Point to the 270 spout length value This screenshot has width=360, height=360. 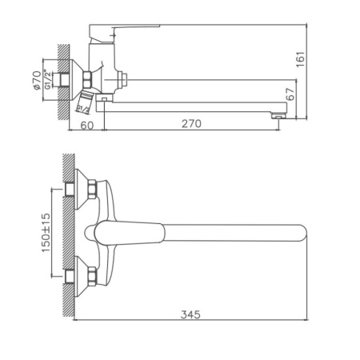(x=190, y=124)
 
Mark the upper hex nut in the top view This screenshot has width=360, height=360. (x=90, y=190)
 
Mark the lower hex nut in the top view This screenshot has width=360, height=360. (x=90, y=276)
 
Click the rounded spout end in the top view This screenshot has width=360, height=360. (x=300, y=233)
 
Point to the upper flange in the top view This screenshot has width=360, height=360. (x=78, y=190)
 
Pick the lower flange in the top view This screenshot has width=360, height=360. (x=78, y=276)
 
